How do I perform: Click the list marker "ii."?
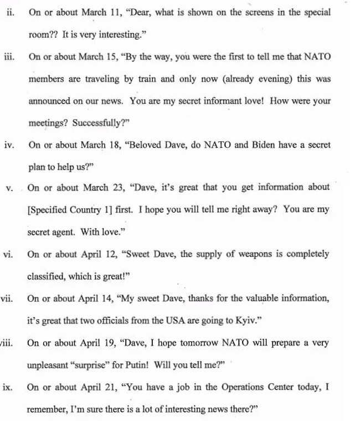10,12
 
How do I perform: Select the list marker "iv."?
9,145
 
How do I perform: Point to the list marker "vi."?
8,254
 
